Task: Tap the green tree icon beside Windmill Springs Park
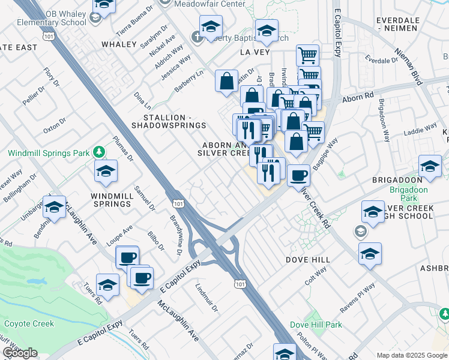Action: pos(100,152)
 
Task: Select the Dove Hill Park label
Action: pos(316,325)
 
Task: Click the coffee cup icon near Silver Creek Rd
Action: pos(298,175)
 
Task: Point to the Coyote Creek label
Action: pos(29,323)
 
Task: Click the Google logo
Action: pos(20,353)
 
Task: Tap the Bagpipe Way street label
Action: pos(328,152)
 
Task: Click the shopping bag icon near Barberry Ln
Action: pos(227,82)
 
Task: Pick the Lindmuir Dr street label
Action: pos(205,295)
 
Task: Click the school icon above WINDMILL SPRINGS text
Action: pos(106,172)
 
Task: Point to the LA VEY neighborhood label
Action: pos(253,53)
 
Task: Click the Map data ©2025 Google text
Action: pos(411,355)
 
